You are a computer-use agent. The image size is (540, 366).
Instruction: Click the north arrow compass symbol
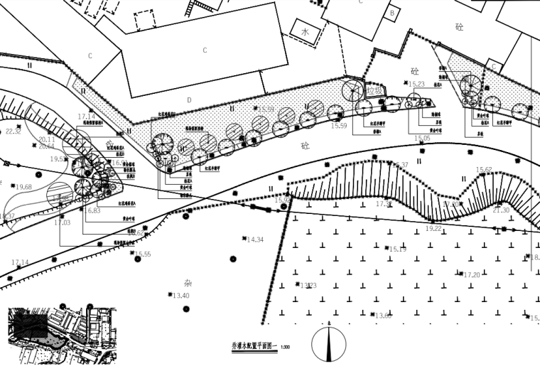330,344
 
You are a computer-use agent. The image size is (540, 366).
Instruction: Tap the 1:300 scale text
286,347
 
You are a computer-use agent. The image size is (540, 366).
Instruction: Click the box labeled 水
305,32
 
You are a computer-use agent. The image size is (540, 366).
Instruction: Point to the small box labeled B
392,12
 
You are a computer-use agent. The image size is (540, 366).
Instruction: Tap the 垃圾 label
374,92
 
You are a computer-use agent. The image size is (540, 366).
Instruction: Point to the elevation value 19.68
23,187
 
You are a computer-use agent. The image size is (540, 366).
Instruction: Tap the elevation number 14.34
255,240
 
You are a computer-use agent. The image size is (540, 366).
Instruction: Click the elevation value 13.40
180,296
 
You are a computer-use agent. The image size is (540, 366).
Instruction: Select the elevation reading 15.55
142,254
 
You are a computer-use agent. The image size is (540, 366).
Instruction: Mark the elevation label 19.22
433,229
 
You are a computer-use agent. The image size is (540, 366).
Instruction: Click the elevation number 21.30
501,210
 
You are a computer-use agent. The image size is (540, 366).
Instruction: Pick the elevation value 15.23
417,84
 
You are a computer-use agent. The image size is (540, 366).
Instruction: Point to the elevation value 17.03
63,223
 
